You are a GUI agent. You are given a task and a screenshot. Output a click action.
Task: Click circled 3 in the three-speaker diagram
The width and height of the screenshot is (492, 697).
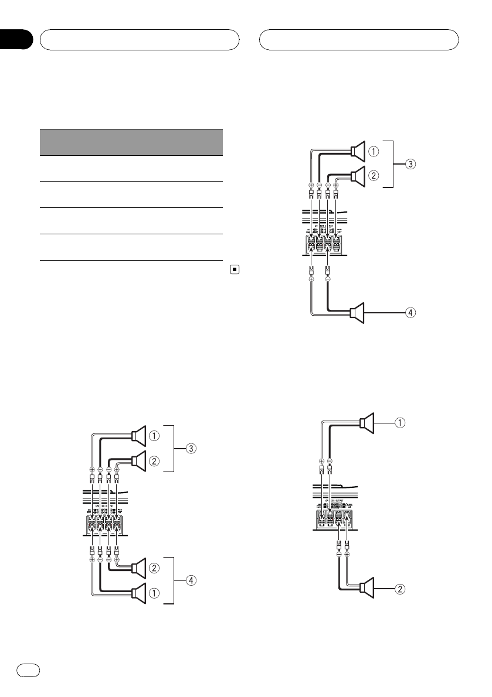pyautogui.click(x=412, y=165)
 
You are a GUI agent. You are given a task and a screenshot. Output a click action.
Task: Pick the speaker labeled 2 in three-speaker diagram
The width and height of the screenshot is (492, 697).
pyautogui.click(x=358, y=174)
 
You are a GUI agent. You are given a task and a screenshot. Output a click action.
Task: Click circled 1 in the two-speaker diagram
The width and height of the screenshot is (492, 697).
pyautogui.click(x=401, y=421)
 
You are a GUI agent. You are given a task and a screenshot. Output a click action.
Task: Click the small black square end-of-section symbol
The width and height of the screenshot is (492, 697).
pyautogui.click(x=233, y=270)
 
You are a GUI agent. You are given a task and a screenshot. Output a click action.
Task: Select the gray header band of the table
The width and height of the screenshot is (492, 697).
pyautogui.click(x=131, y=142)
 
